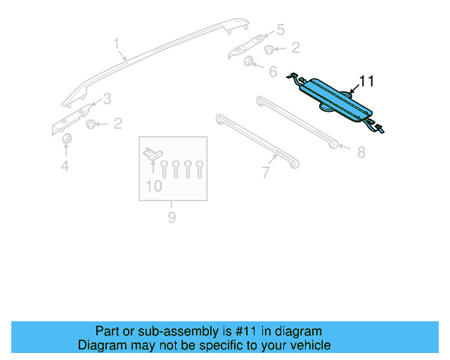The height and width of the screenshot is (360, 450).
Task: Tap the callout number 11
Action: [367, 82]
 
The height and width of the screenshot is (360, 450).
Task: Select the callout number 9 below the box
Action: [172, 218]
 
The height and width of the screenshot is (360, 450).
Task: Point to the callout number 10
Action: [153, 186]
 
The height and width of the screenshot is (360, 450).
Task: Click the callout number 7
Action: [266, 171]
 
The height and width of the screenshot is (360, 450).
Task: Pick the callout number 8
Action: [361, 152]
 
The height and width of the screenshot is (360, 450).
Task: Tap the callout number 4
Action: [65, 166]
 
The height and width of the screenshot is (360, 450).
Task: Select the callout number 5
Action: [280, 30]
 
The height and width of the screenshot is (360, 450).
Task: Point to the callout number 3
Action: [107, 98]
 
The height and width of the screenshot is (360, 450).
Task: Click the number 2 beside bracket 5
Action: [295, 48]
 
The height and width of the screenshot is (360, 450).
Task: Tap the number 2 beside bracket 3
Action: [117, 124]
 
